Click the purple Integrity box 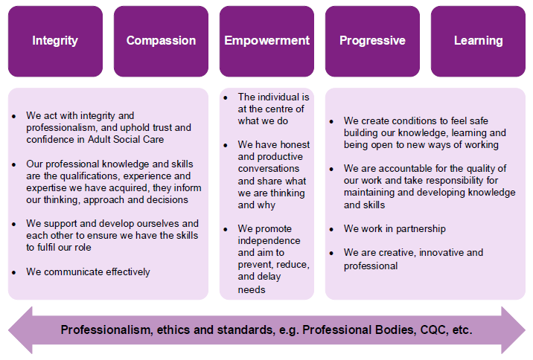[55, 41]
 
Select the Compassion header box [161, 41]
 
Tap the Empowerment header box [266, 41]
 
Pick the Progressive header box [372, 41]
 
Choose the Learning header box [478, 41]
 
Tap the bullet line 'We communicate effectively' [88, 271]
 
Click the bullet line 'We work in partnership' [395, 228]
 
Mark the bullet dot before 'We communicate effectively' [15, 272]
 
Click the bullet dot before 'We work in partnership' [332, 229]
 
